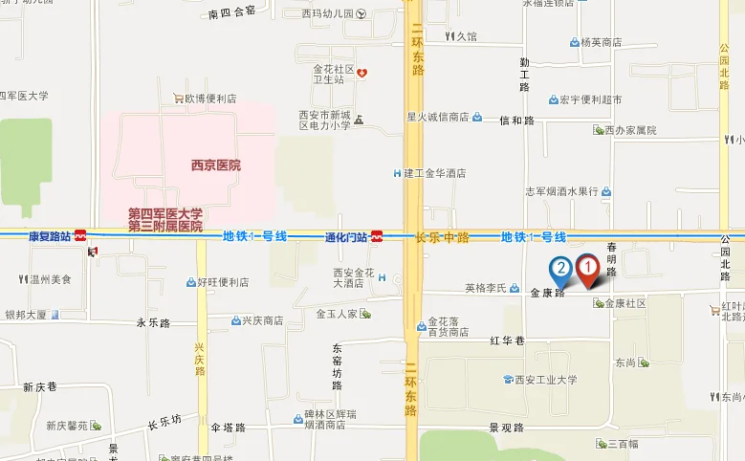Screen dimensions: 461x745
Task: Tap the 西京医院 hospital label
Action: [x=215, y=165]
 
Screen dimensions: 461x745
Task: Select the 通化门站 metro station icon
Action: [x=379, y=235]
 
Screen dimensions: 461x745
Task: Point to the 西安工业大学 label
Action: [x=545, y=380]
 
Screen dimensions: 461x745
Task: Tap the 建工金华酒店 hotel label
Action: [x=434, y=173]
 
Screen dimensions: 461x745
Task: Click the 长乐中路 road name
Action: [x=443, y=236]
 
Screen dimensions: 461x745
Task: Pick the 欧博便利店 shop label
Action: [x=210, y=98]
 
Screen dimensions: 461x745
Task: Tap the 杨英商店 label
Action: [x=602, y=42]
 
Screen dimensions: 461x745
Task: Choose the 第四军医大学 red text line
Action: [x=165, y=213]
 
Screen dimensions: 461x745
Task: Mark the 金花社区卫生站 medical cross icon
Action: [x=362, y=74]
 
